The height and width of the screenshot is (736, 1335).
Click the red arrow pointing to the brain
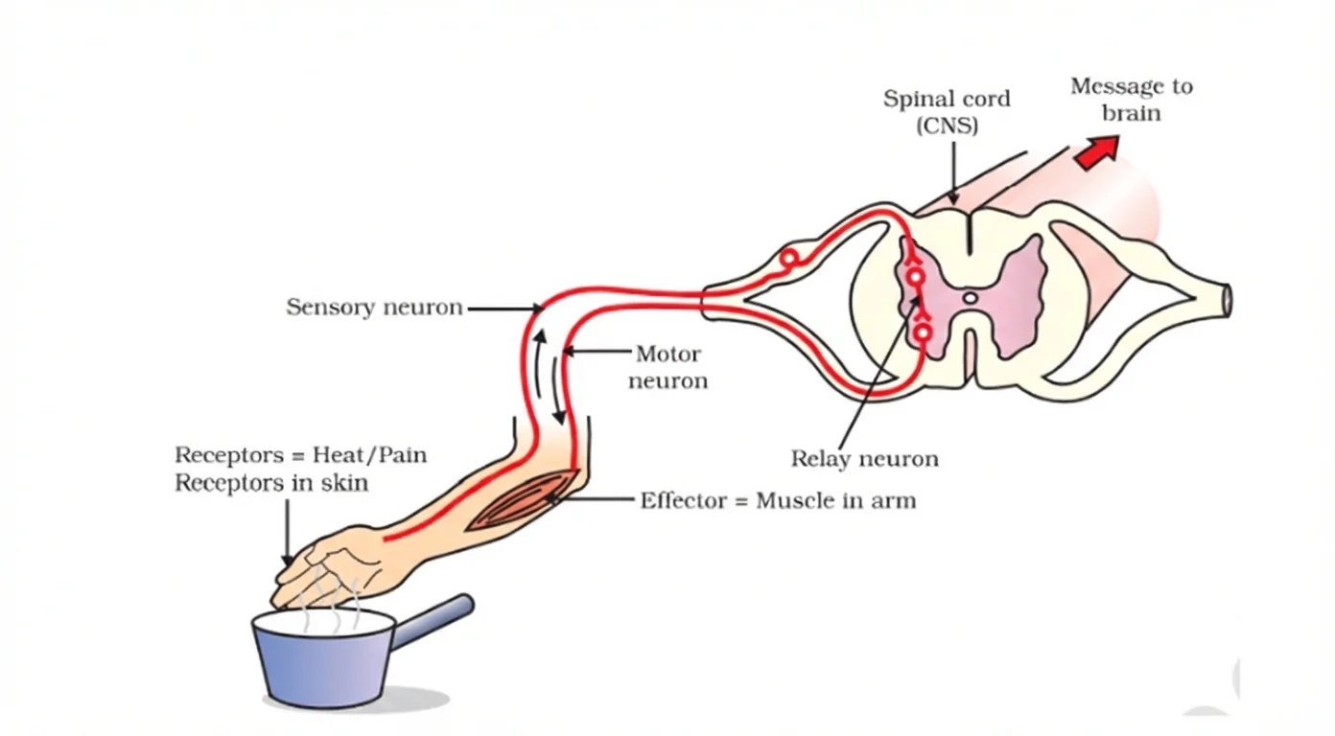(x=1097, y=152)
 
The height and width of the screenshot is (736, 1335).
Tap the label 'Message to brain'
(x=1131, y=100)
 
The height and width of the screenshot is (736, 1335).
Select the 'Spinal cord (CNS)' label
(x=946, y=112)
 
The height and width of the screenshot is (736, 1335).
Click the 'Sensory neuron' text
(x=374, y=308)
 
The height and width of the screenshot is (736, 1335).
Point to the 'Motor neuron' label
(x=667, y=367)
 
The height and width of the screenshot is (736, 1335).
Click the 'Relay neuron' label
(x=864, y=459)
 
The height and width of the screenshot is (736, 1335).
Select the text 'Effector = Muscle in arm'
(x=778, y=500)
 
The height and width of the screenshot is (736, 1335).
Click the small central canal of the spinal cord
(x=971, y=299)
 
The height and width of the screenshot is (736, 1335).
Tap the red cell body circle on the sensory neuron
(x=788, y=259)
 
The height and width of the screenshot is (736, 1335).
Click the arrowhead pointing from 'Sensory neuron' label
(x=538, y=309)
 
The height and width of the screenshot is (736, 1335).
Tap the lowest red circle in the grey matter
(x=922, y=333)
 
